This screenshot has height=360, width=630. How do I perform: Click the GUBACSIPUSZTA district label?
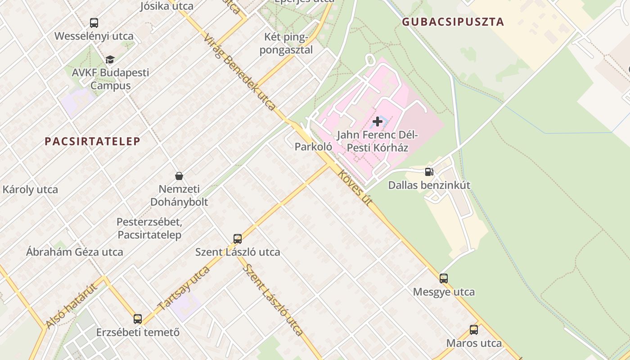click(x=453, y=22)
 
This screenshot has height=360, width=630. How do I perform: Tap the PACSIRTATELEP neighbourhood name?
click(x=92, y=141)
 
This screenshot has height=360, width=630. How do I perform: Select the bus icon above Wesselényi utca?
click(x=94, y=23)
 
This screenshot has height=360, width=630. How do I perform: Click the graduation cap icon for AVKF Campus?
click(x=110, y=59)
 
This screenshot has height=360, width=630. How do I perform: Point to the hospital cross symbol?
click(x=378, y=121)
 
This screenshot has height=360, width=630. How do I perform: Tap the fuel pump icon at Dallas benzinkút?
click(x=429, y=171)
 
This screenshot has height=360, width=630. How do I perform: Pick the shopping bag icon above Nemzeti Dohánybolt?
click(x=179, y=175)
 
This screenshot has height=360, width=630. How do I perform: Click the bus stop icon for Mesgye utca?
click(x=444, y=279)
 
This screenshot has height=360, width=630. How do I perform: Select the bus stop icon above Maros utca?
click(x=473, y=330)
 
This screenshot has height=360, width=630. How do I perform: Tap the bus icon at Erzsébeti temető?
click(x=138, y=319)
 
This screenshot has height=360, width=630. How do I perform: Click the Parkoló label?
click(x=313, y=146)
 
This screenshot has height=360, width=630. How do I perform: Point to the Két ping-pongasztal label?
click(x=286, y=43)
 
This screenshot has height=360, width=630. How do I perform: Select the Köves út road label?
click(x=355, y=188)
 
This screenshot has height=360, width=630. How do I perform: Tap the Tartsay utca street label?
click(x=184, y=288)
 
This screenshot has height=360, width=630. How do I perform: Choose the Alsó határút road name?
click(x=71, y=306)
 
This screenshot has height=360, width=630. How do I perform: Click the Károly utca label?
click(x=30, y=189)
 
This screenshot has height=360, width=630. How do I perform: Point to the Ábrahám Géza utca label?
click(x=74, y=252)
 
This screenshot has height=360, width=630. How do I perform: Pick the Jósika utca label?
click(x=166, y=6)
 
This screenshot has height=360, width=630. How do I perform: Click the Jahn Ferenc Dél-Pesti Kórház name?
click(x=378, y=141)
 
